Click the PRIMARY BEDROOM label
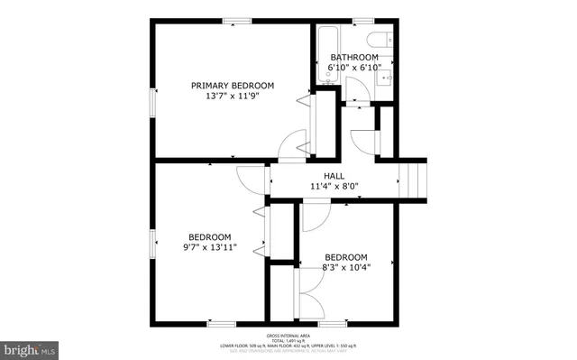(x=233, y=86)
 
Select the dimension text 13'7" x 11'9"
(x=233, y=97)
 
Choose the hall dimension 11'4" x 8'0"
(x=334, y=187)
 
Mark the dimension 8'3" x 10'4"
(x=346, y=266)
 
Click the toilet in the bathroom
(x=384, y=39)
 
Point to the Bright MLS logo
(x=29, y=348)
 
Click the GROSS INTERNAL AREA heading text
(x=288, y=334)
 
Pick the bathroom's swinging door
(x=355, y=93)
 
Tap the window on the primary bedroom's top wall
(x=236, y=21)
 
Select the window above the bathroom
(x=362, y=21)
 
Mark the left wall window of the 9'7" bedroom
(x=151, y=243)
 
